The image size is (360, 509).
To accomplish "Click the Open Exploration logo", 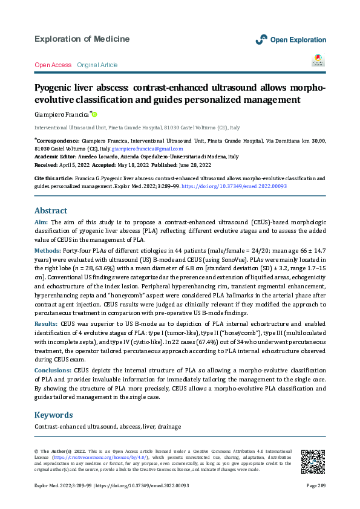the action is point(290,39).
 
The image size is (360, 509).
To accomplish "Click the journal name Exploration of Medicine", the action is point(82,39).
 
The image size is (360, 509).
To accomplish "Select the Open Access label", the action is point(53,65).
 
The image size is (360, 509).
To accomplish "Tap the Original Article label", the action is point(97,65).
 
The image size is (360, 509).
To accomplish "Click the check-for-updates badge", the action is point(318,60).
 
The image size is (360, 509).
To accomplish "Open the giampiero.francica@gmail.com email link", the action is point(148,148).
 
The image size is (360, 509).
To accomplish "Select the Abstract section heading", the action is point(51,211).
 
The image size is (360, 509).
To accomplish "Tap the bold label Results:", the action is point(46,325).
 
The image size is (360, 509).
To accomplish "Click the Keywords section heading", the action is point(54,415).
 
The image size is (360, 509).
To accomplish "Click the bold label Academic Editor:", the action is point(59,157).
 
